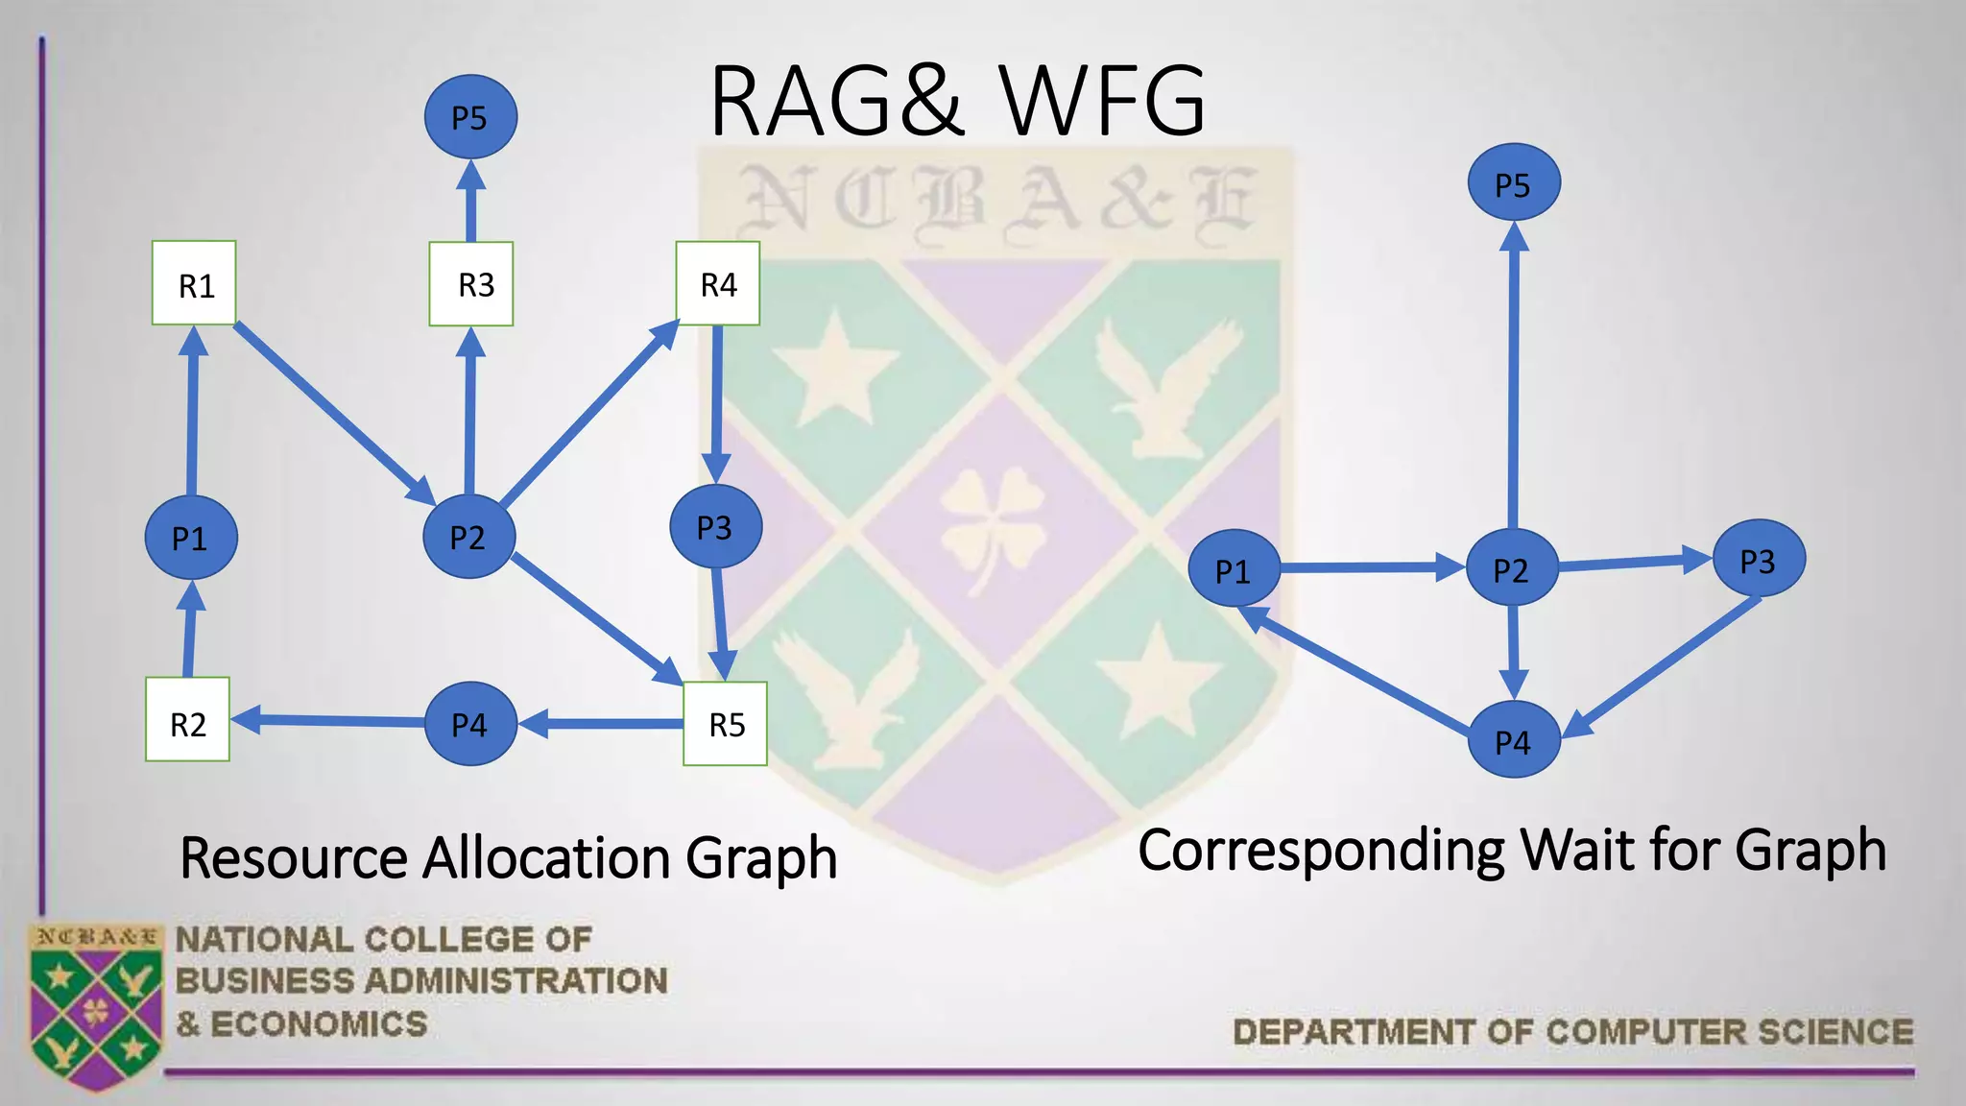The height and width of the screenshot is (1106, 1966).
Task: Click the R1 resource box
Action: pyautogui.click(x=194, y=283)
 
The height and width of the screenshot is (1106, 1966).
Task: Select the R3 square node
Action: pyautogui.click(x=471, y=284)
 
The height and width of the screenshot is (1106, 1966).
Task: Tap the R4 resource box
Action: pyautogui.click(x=718, y=283)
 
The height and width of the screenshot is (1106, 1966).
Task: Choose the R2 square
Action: pyautogui.click(x=187, y=720)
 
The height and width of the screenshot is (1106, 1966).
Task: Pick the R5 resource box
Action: pyautogui.click(x=725, y=724)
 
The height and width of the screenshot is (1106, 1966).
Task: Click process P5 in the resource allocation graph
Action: pyautogui.click(x=470, y=117)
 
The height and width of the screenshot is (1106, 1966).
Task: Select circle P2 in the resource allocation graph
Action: pyautogui.click(x=468, y=537)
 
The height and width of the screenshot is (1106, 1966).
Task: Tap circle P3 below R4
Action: pyautogui.click(x=715, y=527)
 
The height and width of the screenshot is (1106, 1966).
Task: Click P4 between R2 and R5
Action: pyautogui.click(x=470, y=724)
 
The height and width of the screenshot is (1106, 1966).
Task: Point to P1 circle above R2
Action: pyautogui.click(x=191, y=538)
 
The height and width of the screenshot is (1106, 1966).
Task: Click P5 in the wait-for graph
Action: pyautogui.click(x=1514, y=182)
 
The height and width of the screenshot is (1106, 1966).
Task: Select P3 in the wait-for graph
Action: pyautogui.click(x=1759, y=560)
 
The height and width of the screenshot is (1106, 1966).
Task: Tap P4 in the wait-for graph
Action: pyautogui.click(x=1514, y=740)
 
